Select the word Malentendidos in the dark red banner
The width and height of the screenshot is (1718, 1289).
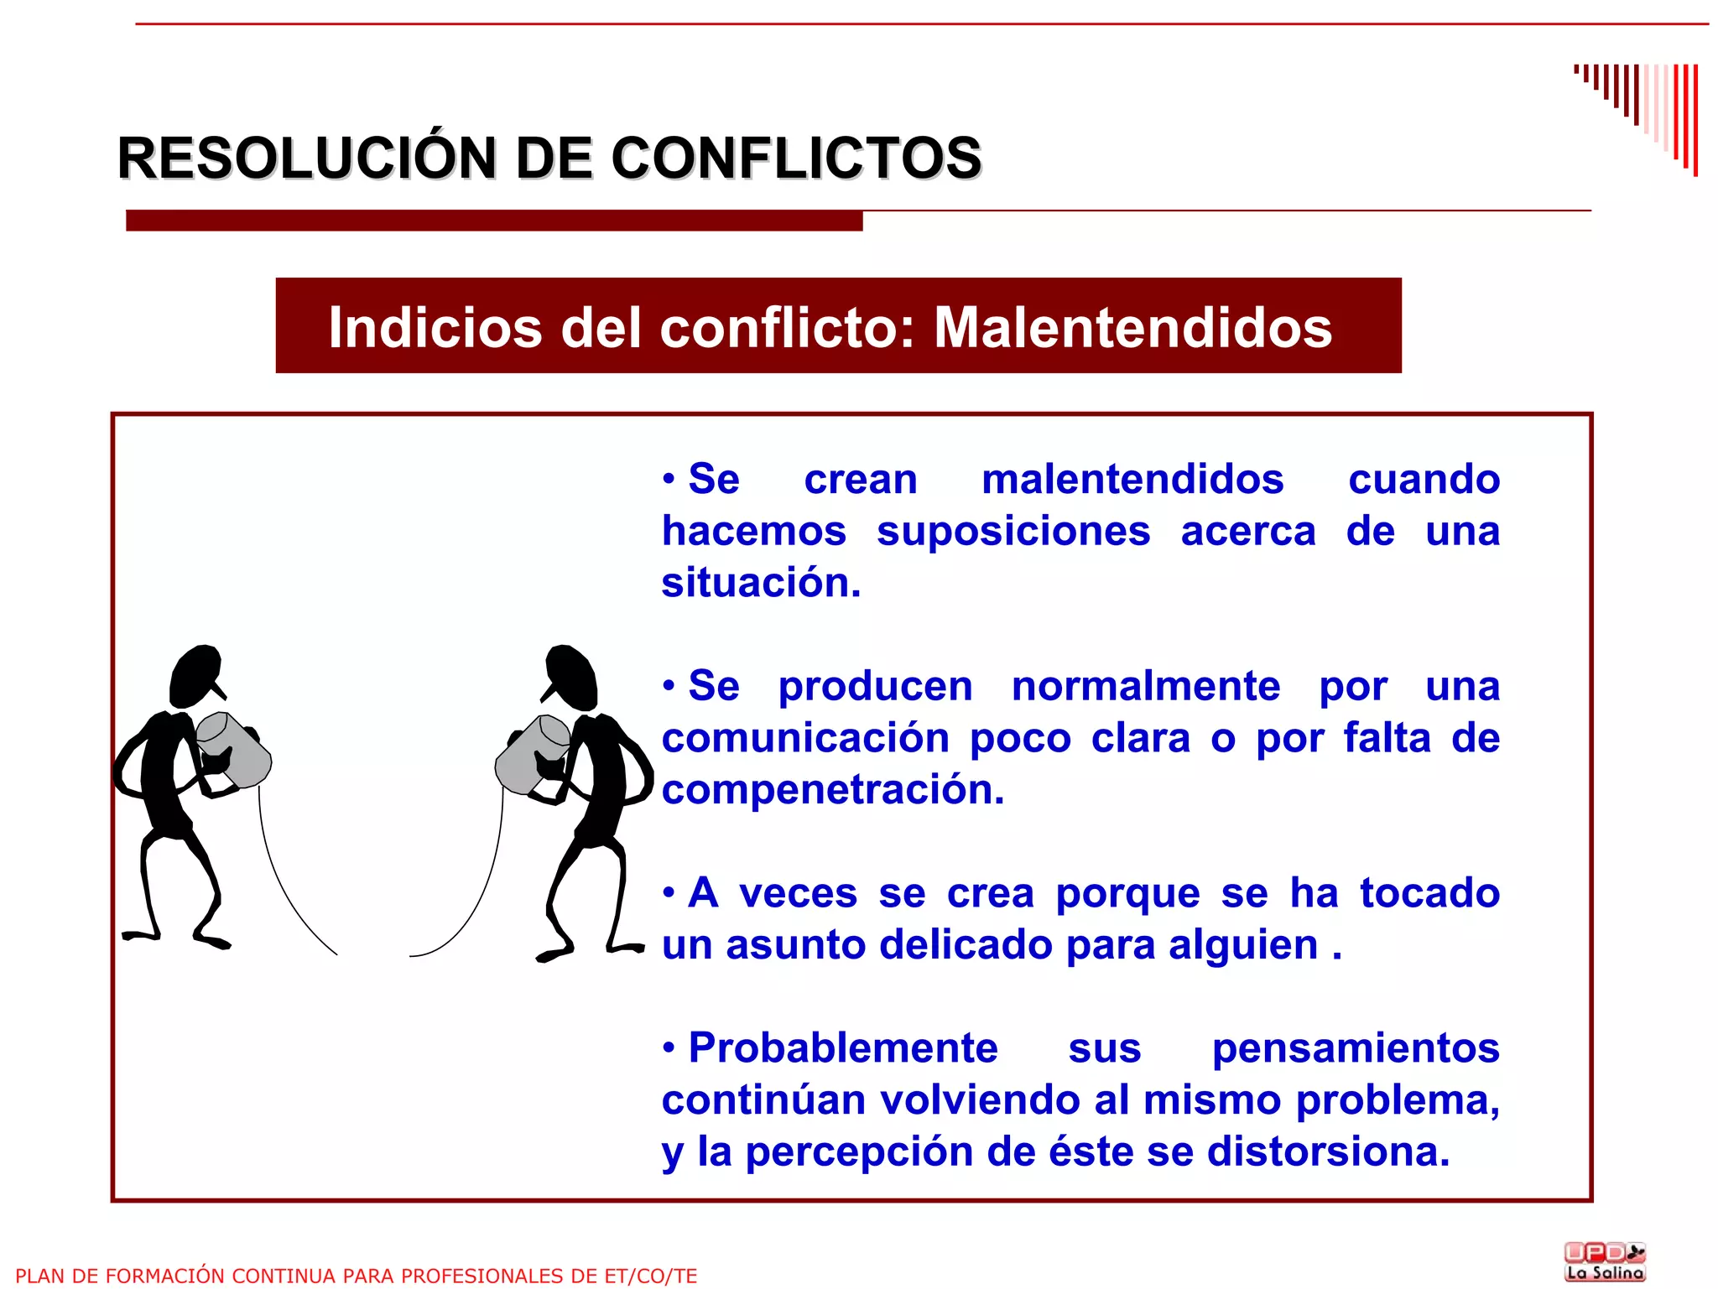click(1132, 327)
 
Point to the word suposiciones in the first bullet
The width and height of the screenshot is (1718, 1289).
click(1013, 532)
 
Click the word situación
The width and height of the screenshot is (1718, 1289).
click(761, 583)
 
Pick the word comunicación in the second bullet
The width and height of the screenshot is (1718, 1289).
click(805, 739)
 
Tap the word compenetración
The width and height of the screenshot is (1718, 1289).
click(832, 790)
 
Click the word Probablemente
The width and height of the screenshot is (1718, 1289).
click(843, 1048)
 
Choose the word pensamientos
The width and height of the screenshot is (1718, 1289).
click(1356, 1048)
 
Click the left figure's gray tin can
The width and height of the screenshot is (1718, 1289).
click(235, 749)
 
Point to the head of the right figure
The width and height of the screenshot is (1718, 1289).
click(571, 675)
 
